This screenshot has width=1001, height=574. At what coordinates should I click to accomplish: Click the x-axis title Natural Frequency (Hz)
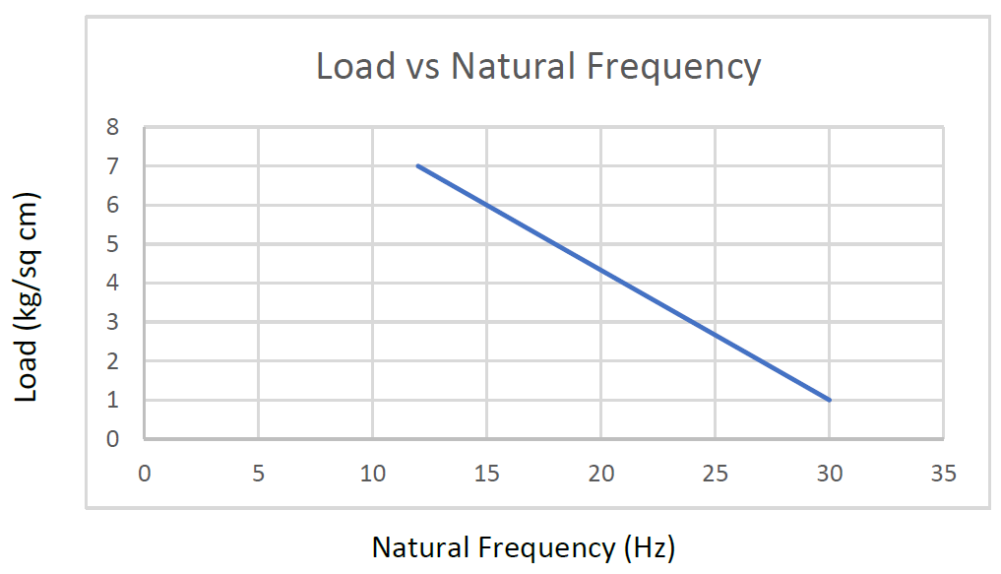tap(523, 546)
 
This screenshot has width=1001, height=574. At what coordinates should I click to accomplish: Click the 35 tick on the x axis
tap(943, 473)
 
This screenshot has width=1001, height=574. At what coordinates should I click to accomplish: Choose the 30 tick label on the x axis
tap(829, 473)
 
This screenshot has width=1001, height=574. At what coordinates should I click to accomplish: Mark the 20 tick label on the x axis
tap(600, 473)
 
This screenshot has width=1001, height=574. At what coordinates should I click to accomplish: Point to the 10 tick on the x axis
tap(372, 473)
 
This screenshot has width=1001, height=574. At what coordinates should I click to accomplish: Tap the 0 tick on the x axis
tap(144, 473)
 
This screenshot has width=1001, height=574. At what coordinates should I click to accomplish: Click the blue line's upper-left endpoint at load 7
tap(418, 165)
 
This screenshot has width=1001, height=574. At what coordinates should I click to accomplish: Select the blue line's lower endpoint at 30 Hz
tap(829, 400)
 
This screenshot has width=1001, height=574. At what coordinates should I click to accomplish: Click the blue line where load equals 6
tap(486, 205)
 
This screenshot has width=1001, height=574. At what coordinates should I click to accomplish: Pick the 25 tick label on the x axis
tap(715, 473)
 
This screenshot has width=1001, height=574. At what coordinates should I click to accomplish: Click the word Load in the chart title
tap(347, 67)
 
